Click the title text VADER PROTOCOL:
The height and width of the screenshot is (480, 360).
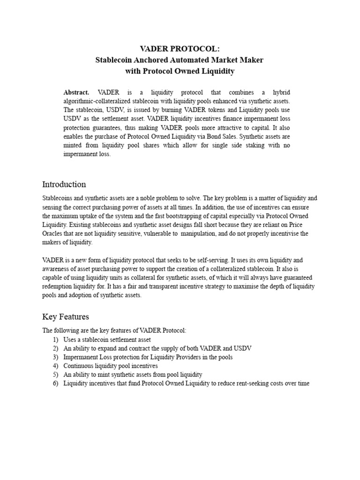point(180,49)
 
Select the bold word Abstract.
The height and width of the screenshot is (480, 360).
point(76,92)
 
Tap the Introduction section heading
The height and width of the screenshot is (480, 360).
point(64,184)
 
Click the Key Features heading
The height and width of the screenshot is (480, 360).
point(66,316)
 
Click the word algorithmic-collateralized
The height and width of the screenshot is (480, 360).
point(100,101)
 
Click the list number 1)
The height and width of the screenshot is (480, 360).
point(55,339)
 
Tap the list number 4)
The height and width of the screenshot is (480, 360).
point(55,366)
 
